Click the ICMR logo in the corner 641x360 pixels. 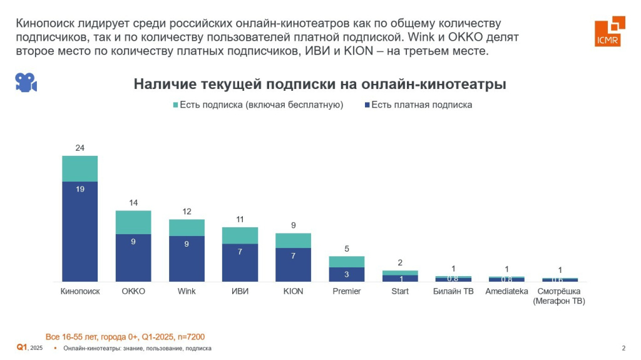click(609, 31)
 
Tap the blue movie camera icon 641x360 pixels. click(26, 82)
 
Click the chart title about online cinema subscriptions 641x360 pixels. click(320, 85)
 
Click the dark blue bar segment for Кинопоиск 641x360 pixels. click(79, 232)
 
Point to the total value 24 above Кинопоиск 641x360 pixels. click(79, 148)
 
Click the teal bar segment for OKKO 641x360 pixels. click(133, 222)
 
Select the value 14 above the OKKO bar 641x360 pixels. click(133, 203)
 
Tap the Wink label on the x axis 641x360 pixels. click(187, 292)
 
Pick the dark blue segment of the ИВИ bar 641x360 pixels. click(240, 262)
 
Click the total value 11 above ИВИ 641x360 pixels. click(240, 220)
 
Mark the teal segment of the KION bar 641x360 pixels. click(294, 240)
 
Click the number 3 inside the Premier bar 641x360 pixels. click(347, 274)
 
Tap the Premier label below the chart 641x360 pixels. click(347, 292)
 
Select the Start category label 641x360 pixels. click(400, 292)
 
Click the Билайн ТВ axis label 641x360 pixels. click(453, 292)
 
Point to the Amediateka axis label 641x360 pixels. click(507, 292)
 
